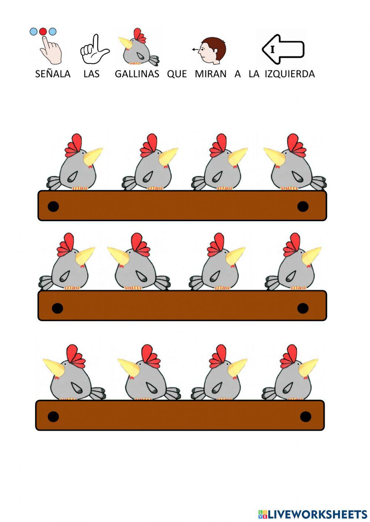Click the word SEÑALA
coord(53,74)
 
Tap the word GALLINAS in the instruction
coord(137,74)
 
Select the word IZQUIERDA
coord(290,74)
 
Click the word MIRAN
coord(210,74)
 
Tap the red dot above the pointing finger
coord(43,31)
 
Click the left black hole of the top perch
coord(53,206)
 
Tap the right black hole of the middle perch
coord(303,308)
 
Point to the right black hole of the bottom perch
coord(305,416)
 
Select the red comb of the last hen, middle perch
coord(293,244)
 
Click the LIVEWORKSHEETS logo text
coord(313,514)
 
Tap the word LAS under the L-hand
coord(91,74)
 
